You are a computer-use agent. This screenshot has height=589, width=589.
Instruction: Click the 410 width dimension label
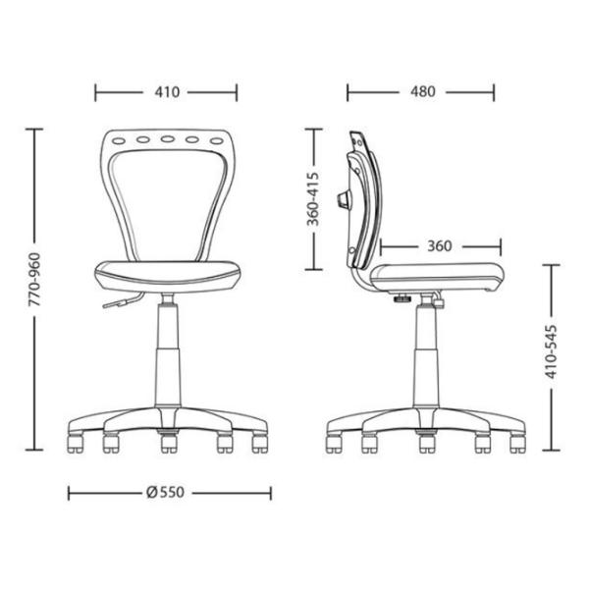tap(167, 92)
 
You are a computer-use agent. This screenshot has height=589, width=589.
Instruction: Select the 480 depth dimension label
tap(422, 91)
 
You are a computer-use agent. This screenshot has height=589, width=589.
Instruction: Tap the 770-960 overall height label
tap(34, 279)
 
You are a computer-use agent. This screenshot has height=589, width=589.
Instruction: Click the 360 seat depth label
tap(440, 246)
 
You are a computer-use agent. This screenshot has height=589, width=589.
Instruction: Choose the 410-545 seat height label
tap(551, 351)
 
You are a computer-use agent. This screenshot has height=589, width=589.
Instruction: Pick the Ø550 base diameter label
tap(166, 492)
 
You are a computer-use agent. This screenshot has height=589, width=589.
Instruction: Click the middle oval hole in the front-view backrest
tap(168, 139)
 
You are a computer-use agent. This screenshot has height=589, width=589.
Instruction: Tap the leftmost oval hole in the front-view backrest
tap(119, 141)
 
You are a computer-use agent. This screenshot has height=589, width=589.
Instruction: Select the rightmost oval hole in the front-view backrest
tap(217, 141)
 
